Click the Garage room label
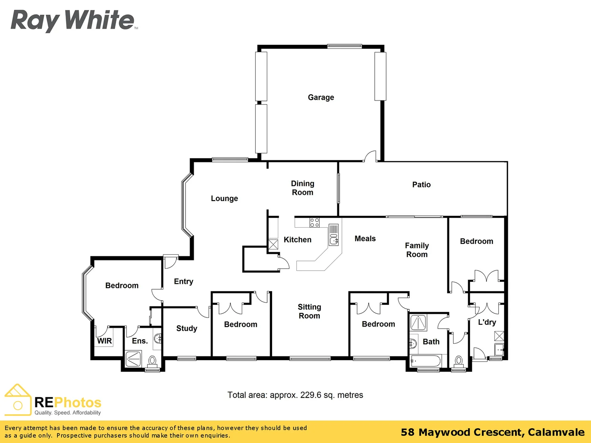coord(321,97)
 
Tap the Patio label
coord(421,185)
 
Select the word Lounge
coord(224,199)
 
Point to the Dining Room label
coord(302,188)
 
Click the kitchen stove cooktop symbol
coord(314,222)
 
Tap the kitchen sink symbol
coord(334,235)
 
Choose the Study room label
coord(186,328)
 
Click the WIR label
coord(104,341)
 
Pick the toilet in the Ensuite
coord(152,362)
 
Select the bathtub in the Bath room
coord(425,361)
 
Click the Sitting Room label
coord(309,311)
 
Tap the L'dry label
coord(487,322)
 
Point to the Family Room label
coord(417,250)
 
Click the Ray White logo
coord(73,21)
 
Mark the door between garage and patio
coord(371,157)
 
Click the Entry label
coord(183,281)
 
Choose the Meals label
coord(365,239)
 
